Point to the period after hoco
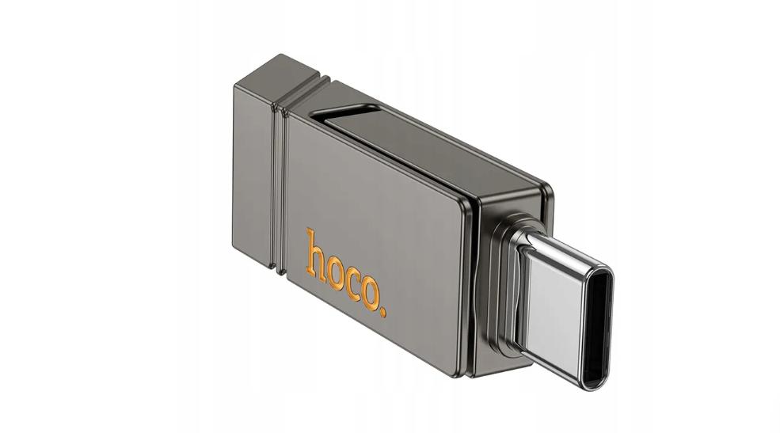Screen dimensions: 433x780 coord(383,312)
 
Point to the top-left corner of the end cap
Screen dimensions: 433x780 coord(237,84)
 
